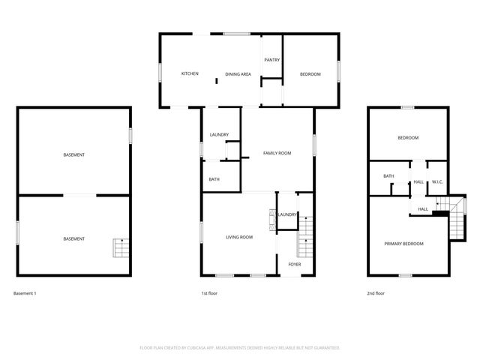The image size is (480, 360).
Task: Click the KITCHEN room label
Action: [190, 73]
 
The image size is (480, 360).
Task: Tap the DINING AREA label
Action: [238, 74]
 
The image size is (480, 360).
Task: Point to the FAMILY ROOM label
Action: [277, 153]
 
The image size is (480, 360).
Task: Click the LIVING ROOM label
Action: [239, 237]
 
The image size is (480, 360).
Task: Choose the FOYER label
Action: [295, 263]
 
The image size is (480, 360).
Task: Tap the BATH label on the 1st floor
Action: [214, 179]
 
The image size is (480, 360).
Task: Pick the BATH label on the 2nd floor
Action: [388, 176]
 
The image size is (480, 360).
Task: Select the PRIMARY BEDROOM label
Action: [403, 244]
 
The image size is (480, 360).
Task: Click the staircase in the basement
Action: [120, 247]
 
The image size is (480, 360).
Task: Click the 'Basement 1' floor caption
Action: [25, 292]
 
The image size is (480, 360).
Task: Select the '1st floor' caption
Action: [209, 292]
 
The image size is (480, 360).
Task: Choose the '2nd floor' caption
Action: [375, 292]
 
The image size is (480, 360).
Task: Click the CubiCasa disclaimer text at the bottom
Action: [240, 348]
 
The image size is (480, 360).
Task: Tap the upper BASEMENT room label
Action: [73, 154]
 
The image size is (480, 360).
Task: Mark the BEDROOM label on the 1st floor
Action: [310, 73]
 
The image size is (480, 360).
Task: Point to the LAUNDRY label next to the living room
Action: [287, 214]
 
